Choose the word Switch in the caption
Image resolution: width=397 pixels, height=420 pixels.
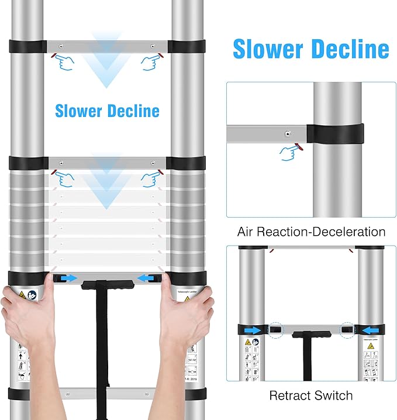coord(333,395)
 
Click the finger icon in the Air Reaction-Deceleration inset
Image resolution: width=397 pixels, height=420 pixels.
coord(291,152)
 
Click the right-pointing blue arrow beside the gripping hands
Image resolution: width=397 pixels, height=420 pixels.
coord(68,278)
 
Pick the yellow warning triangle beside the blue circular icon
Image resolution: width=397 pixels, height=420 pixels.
coord(22,294)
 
